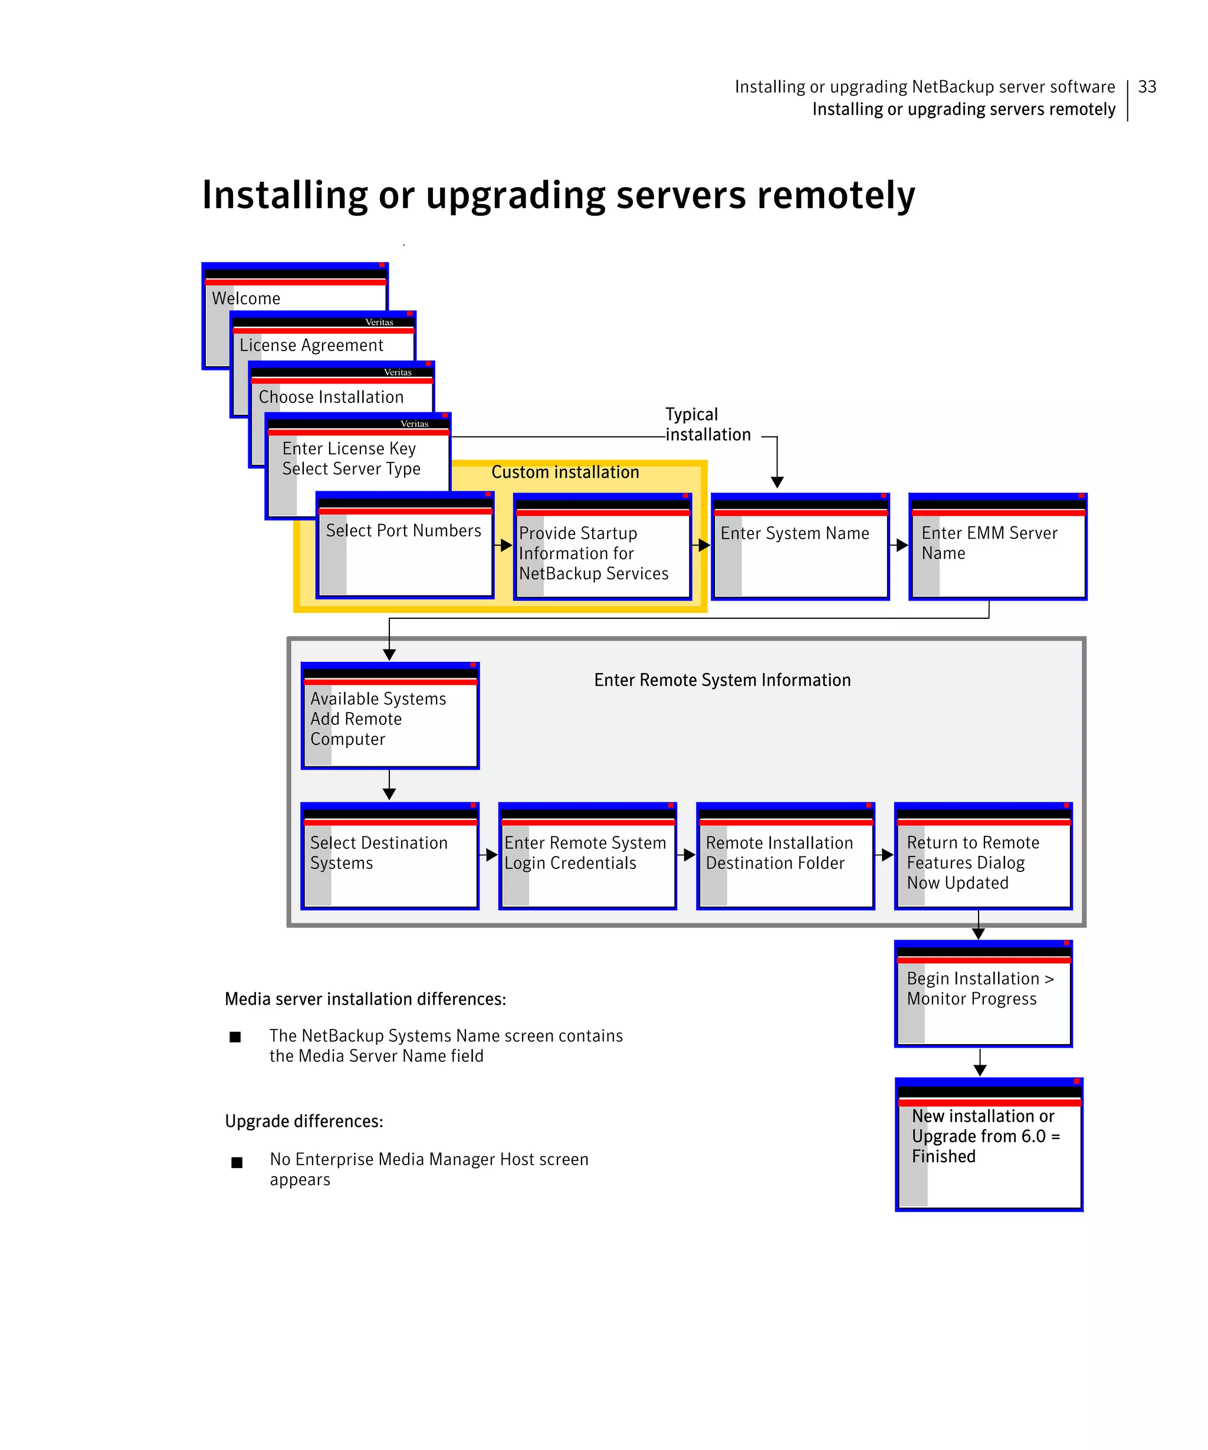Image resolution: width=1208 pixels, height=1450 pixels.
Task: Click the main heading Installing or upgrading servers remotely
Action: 558,195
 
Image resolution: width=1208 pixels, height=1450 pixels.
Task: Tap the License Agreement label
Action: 311,345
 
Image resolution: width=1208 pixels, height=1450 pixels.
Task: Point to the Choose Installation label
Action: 331,396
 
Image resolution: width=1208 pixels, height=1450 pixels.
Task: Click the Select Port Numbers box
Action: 405,546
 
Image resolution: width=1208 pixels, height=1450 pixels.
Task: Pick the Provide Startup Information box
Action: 602,552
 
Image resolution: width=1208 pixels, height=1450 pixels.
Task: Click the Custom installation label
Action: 564,473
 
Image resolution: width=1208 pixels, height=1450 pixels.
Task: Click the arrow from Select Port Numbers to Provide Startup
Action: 503,546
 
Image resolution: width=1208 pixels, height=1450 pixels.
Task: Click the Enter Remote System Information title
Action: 722,680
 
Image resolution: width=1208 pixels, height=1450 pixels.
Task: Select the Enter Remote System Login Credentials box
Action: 587,856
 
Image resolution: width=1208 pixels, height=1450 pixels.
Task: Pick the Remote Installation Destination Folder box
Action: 785,856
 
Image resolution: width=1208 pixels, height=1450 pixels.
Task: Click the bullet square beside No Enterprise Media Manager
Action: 237,1163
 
